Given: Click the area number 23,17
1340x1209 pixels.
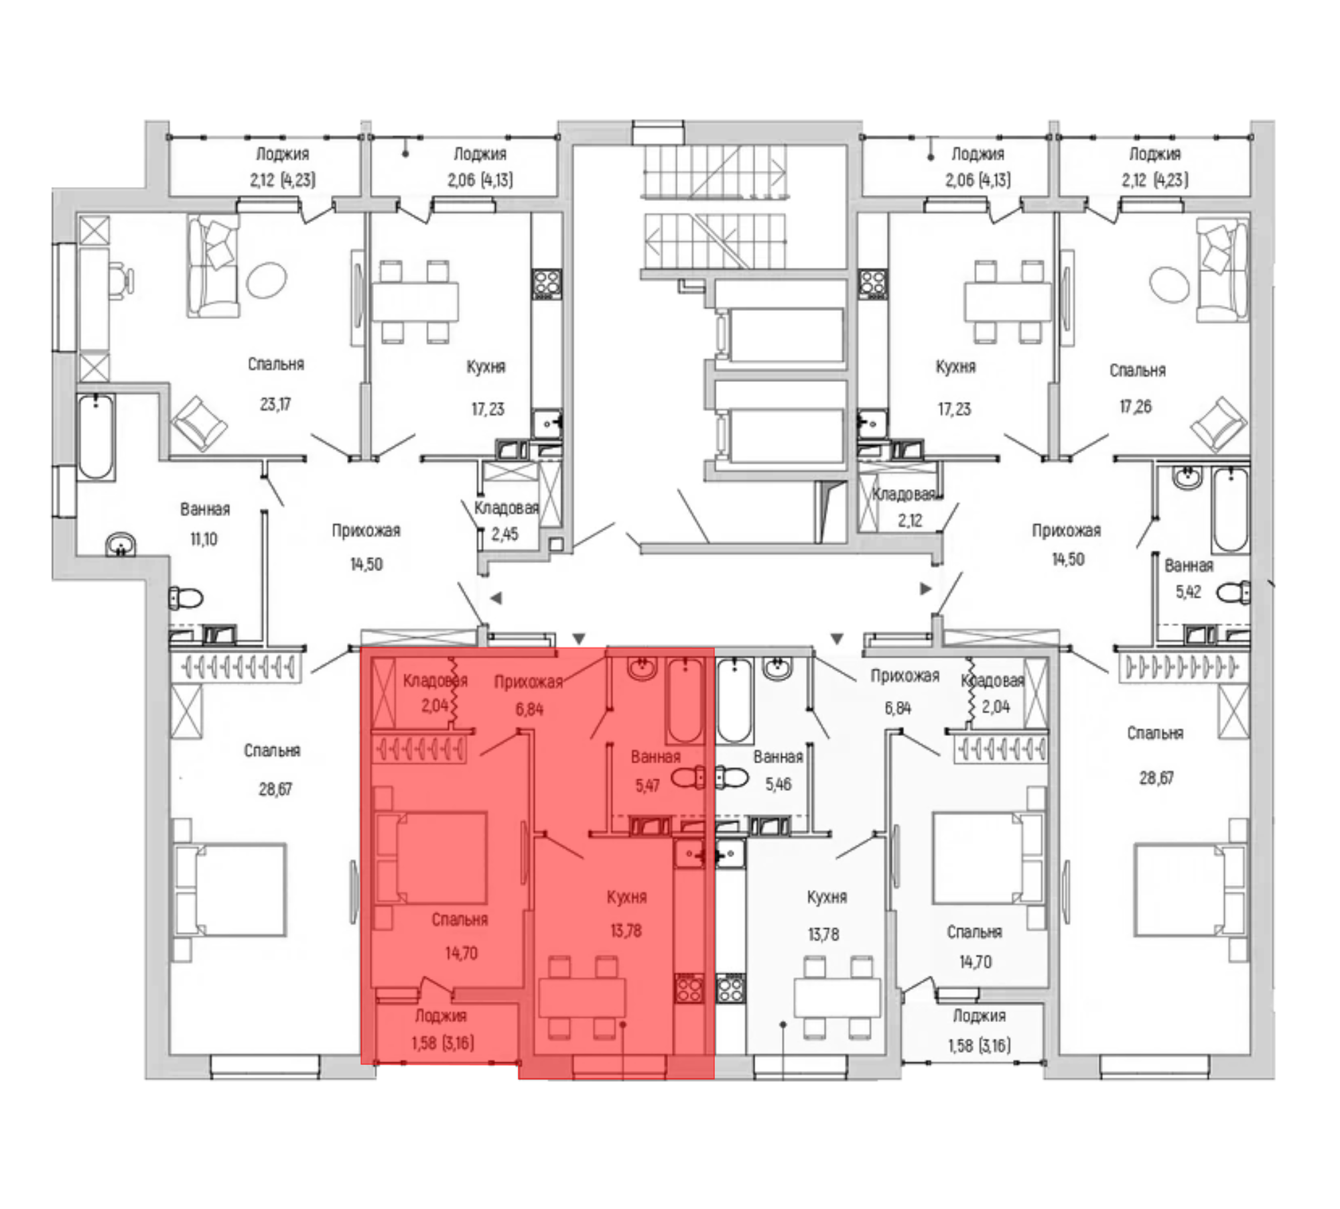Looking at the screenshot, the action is pyautogui.click(x=275, y=404).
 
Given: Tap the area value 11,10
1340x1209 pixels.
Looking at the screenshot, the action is pyautogui.click(x=204, y=539).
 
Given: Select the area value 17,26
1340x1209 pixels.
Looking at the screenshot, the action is pyautogui.click(x=1136, y=406).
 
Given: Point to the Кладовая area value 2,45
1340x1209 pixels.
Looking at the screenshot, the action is pyautogui.click(x=505, y=534).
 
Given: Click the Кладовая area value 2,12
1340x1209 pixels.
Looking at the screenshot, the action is pyautogui.click(x=910, y=520).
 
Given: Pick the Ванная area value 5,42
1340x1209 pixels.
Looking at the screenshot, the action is pyautogui.click(x=1189, y=592).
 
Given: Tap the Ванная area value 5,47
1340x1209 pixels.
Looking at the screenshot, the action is pyautogui.click(x=647, y=785).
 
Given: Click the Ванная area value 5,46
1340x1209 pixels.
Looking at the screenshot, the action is pyautogui.click(x=779, y=783).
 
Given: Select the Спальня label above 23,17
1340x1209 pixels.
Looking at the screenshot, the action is pyautogui.click(x=276, y=365).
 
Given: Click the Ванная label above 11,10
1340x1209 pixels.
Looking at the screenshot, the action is pyautogui.click(x=205, y=509).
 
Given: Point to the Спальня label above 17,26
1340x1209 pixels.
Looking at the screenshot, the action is pyautogui.click(x=1138, y=371).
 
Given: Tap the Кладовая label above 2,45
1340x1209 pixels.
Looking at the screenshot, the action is pyautogui.click(x=507, y=508).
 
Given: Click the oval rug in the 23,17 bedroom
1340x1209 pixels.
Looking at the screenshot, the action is pyautogui.click(x=266, y=279).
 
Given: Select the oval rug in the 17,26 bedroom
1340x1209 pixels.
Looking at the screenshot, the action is pyautogui.click(x=1169, y=284).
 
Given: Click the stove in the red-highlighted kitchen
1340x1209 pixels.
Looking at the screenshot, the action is pyautogui.click(x=689, y=988).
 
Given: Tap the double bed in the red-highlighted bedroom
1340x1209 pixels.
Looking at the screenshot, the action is pyautogui.click(x=432, y=858).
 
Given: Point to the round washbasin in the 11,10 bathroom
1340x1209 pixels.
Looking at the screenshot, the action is pyautogui.click(x=121, y=544).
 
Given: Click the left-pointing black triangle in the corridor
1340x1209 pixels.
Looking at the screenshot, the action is pyautogui.click(x=496, y=598).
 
